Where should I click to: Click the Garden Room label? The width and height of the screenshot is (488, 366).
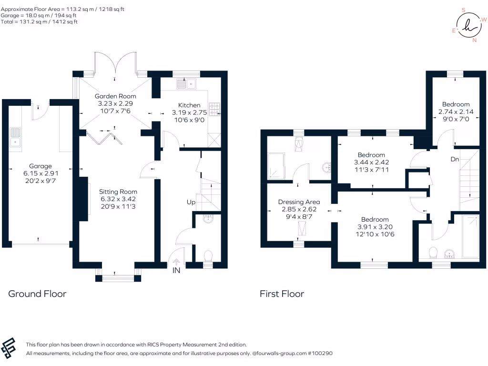point(113,96)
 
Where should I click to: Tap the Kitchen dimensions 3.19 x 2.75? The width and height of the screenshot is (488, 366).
point(189,113)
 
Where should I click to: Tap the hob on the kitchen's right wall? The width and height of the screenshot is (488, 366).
point(216,109)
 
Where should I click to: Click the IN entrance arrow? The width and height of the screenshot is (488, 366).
point(176,264)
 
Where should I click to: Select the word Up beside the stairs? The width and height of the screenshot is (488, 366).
point(191,202)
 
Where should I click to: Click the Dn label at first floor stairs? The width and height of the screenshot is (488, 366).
point(455,159)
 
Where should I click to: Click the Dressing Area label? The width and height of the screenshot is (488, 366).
point(299,202)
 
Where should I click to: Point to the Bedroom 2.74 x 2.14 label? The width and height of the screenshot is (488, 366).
point(456,104)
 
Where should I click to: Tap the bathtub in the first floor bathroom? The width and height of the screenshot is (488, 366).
point(471,236)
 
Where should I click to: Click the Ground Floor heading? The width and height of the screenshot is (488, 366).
point(37,294)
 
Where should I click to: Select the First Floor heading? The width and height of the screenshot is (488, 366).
point(282,294)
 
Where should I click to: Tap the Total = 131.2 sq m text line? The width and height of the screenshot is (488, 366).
point(39,21)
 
